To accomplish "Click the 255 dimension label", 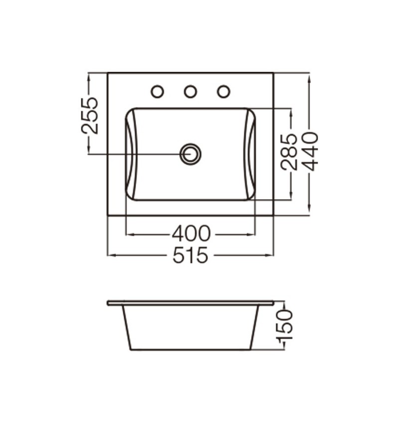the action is pyautogui.click(x=90, y=116).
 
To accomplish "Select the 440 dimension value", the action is pyautogui.click(x=309, y=151).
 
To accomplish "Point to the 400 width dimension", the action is pyautogui.click(x=191, y=233).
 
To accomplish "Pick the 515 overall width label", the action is pyautogui.click(x=191, y=255).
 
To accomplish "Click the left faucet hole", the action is pyautogui.click(x=157, y=91).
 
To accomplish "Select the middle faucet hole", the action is pyautogui.click(x=191, y=91).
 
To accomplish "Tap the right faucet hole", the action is pyautogui.click(x=223, y=91).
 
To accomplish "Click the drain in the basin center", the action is pyautogui.click(x=191, y=154).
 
